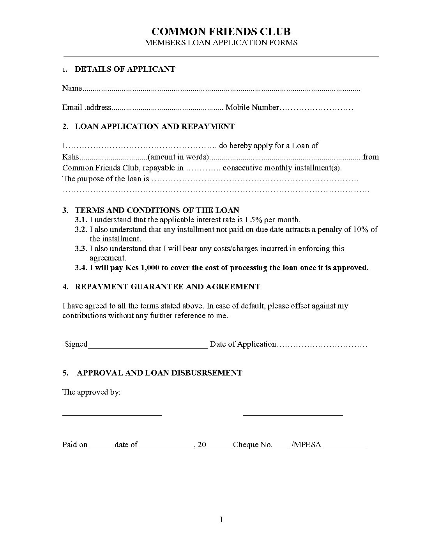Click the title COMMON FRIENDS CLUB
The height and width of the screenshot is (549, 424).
click(x=221, y=31)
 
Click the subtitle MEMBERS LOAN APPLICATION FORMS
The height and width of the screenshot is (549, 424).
click(x=221, y=43)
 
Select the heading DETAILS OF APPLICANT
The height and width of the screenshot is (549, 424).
click(x=125, y=69)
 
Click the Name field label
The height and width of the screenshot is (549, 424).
click(x=72, y=88)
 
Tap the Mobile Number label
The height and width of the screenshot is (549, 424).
click(x=252, y=107)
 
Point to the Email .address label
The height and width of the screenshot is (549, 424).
click(x=87, y=107)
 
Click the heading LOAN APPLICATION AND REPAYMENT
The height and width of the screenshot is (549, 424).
click(x=154, y=126)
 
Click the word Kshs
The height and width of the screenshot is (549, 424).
click(x=71, y=157)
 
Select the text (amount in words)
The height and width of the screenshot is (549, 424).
click(x=178, y=157)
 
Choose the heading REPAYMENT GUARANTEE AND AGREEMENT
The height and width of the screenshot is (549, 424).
click(x=167, y=287)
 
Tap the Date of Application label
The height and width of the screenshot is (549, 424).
click(x=243, y=344)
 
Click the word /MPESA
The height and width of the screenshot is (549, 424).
click(x=306, y=445)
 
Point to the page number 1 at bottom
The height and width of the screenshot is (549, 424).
click(x=221, y=519)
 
